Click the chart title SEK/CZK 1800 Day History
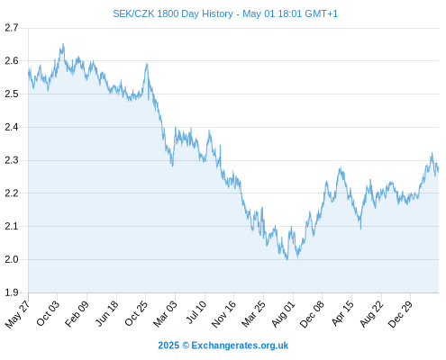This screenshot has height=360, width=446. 173,13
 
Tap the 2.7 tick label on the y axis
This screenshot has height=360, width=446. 12,28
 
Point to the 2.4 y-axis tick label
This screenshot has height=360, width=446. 12,127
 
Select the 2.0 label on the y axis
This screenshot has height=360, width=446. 12,259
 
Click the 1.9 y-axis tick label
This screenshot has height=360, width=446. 12,292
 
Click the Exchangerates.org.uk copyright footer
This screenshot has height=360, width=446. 223,346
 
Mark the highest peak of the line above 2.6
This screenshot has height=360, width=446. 63,44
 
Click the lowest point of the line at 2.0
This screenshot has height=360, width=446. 287,259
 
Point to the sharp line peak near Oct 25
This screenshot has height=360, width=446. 147,64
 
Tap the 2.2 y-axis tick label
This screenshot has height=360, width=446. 12,193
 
